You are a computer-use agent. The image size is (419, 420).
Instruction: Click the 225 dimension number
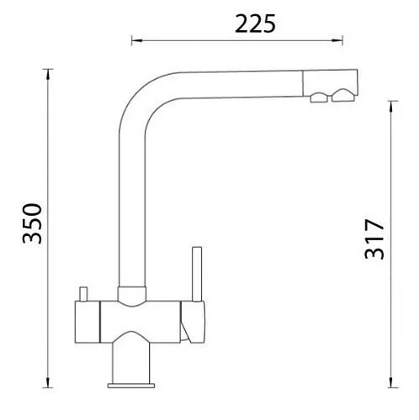[255, 24]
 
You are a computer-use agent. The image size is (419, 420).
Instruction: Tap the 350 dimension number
[32, 223]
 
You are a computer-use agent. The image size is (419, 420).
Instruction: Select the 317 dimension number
[374, 239]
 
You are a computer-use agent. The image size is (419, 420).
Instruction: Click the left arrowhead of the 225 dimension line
[137, 41]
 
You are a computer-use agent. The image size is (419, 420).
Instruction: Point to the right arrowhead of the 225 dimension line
[337, 40]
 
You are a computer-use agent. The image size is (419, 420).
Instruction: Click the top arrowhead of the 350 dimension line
[48, 75]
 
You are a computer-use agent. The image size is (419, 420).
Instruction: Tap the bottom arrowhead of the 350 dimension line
[48, 382]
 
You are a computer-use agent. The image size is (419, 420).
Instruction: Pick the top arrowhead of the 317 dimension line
[391, 107]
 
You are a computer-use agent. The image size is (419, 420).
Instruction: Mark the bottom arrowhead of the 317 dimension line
[390, 382]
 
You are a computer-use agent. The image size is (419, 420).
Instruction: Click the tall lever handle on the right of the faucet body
[197, 274]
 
